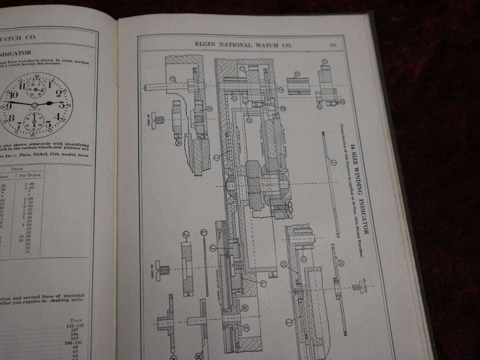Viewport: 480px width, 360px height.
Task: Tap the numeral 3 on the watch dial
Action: [62, 105]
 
